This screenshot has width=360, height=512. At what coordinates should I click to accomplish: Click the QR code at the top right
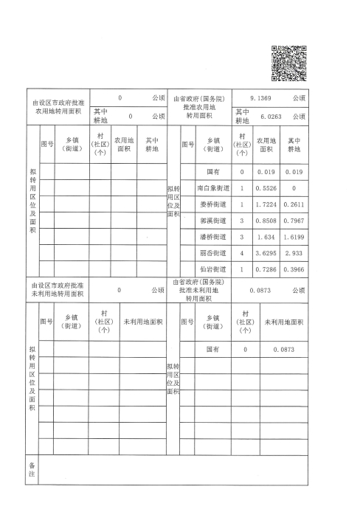click(289, 63)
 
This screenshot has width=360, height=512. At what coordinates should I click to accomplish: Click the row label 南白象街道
click(213, 189)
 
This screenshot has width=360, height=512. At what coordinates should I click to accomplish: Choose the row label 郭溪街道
click(213, 221)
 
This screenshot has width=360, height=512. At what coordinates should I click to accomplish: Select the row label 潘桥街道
click(213, 237)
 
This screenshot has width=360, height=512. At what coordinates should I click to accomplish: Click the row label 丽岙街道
click(213, 253)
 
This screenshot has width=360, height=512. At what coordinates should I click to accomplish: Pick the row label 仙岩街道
click(213, 269)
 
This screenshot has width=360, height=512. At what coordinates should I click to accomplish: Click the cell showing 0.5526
click(266, 189)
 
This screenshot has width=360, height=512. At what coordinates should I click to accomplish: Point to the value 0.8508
click(266, 221)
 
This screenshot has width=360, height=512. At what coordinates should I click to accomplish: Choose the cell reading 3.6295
click(266, 253)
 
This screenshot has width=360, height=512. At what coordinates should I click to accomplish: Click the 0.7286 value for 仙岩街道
click(266, 269)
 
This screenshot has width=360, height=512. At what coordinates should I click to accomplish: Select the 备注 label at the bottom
click(32, 471)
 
